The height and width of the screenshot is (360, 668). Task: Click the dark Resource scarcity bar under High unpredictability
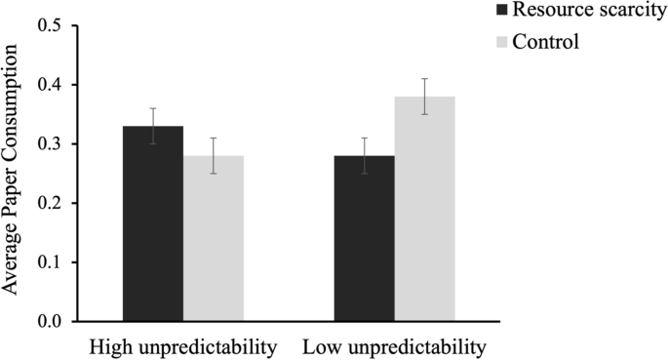pos(152,224)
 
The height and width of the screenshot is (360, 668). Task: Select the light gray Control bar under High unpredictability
pos(214,239)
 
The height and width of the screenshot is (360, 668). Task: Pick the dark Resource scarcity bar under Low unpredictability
pos(364,239)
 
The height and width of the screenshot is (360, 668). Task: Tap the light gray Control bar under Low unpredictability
pos(425,209)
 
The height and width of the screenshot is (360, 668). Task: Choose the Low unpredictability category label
pos(394,346)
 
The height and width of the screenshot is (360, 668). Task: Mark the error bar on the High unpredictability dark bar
pos(152,126)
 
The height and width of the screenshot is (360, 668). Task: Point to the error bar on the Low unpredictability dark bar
pos(364,155)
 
